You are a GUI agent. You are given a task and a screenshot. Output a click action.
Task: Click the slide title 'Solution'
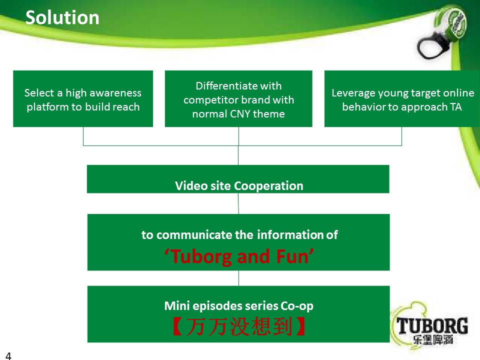(62, 17)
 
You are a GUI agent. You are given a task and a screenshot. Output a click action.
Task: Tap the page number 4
(8, 355)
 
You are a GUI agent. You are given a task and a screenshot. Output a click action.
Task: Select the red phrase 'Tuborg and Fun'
(239, 256)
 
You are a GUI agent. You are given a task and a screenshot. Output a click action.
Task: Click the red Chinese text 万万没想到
(239, 326)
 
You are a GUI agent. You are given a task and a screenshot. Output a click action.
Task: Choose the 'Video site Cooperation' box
(238, 179)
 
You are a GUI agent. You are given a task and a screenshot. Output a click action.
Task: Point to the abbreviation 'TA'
(456, 107)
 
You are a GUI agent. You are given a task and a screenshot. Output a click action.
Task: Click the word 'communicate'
(194, 235)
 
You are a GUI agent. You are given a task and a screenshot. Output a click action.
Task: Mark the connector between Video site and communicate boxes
(238, 203)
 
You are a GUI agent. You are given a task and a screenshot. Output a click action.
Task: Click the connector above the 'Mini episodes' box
(239, 278)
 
